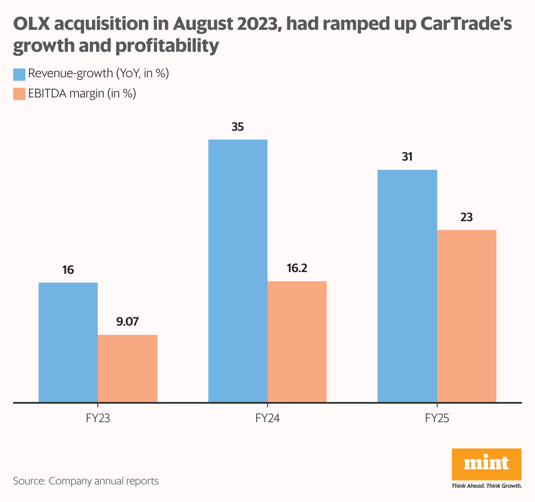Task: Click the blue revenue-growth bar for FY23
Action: pos(68,342)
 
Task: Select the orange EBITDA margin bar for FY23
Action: pos(128,369)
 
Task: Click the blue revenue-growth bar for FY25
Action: pos(407,286)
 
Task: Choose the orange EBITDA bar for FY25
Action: pos(467,316)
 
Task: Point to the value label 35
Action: pos(238,127)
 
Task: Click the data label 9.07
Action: pos(128,322)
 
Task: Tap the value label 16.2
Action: pos(297,268)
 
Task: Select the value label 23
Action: pos(467,217)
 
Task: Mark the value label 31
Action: pos(407,157)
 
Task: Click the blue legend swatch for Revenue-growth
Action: pos(19,74)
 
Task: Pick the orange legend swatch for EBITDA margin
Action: pos(19,93)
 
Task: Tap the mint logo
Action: pos(486,464)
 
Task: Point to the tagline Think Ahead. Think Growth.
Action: pos(486,486)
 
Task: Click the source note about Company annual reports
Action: pos(86,481)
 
